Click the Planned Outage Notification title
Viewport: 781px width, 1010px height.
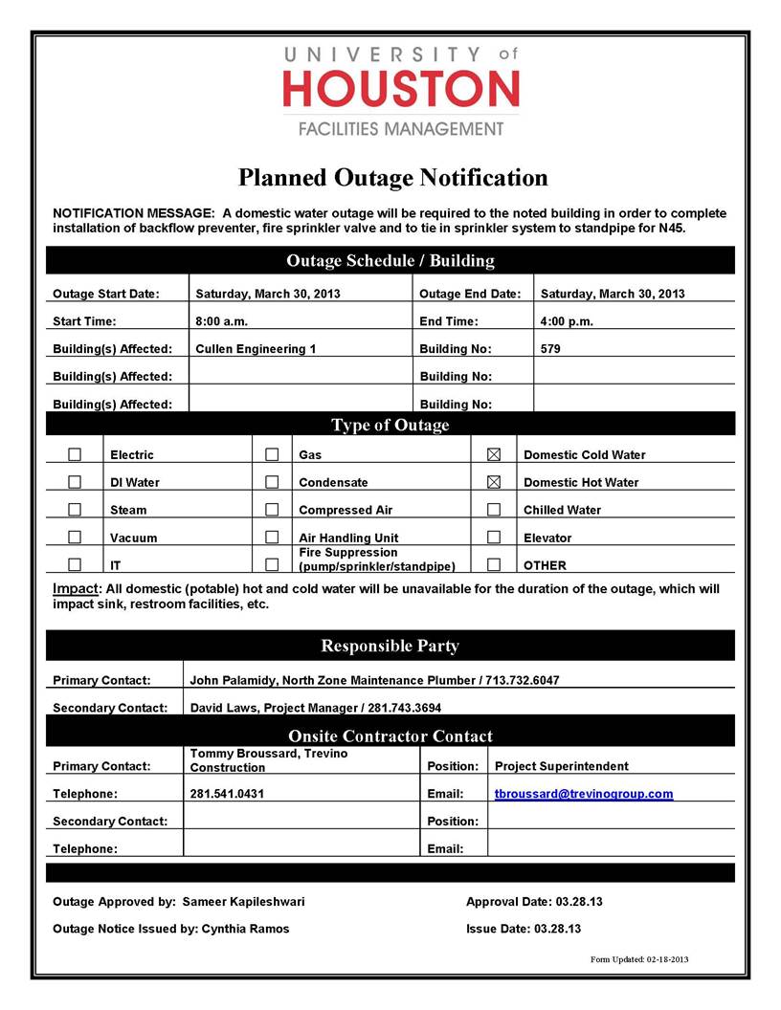pyautogui.click(x=392, y=178)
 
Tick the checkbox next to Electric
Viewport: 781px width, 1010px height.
pyautogui.click(x=75, y=454)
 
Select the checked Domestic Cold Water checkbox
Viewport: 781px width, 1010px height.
pyautogui.click(x=494, y=454)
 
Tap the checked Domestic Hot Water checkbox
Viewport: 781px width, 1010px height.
pyautogui.click(x=494, y=482)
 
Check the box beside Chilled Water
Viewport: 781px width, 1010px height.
pyautogui.click(x=494, y=510)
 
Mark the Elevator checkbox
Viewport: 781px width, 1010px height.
pyautogui.click(x=494, y=538)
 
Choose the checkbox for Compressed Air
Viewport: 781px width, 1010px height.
pyautogui.click(x=272, y=510)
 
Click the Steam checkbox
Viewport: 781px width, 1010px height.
pyautogui.click(x=75, y=510)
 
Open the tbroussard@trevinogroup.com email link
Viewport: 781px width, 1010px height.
pyautogui.click(x=583, y=794)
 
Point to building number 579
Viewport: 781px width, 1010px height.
pyautogui.click(x=550, y=349)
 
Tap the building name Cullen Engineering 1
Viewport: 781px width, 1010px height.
pyautogui.click(x=255, y=349)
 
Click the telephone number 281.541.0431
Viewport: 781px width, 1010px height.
pyautogui.click(x=227, y=794)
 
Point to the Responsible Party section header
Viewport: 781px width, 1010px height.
pyautogui.click(x=390, y=646)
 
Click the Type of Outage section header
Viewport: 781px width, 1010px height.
pyautogui.click(x=390, y=425)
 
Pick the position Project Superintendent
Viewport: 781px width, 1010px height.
pyautogui.click(x=561, y=766)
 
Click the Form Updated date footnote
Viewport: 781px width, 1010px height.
pyautogui.click(x=639, y=959)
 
